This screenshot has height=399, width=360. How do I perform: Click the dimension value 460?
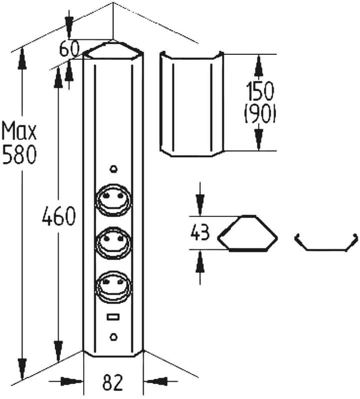point(59,216)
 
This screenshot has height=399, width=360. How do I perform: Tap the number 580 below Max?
point(19,155)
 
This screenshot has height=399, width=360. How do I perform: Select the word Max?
point(19,131)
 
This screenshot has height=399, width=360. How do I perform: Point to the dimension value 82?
point(113,382)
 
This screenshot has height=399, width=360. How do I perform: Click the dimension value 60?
point(69,48)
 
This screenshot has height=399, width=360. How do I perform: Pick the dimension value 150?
point(260,91)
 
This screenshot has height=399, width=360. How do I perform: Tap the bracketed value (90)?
point(260,114)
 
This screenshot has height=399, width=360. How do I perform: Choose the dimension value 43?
point(200,232)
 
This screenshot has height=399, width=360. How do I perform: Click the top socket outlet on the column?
point(114,200)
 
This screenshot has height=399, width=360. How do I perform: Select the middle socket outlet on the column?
point(114,243)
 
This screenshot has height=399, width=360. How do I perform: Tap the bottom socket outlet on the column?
point(114,287)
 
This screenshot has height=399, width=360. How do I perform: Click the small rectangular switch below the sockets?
point(114,317)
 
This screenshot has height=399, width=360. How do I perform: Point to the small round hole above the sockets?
point(114,169)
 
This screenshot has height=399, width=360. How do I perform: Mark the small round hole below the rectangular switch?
point(114,337)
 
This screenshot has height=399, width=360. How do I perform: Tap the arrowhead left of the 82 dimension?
point(72,382)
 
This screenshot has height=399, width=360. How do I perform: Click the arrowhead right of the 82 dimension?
point(155,382)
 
